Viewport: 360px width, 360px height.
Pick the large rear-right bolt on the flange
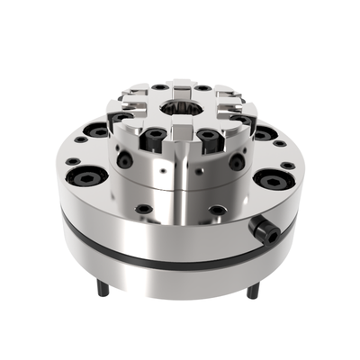tap(265, 132)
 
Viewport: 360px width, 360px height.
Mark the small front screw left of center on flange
tap(142, 209)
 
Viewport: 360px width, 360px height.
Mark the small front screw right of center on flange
tap(218, 210)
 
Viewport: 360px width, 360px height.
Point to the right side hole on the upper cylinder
tap(237, 163)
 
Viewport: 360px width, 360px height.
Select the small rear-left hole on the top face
tap(158, 87)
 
